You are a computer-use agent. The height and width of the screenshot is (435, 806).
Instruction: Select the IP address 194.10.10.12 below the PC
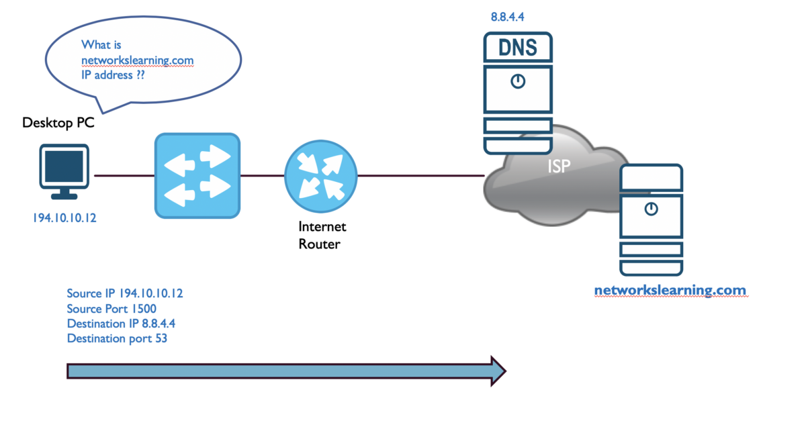(x=64, y=218)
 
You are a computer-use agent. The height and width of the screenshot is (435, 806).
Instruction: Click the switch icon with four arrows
(x=197, y=176)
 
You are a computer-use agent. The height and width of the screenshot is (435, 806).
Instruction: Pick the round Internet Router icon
(x=320, y=176)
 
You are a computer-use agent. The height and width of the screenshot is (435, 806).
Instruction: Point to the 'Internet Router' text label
(x=322, y=236)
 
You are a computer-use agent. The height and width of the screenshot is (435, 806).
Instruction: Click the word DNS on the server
(x=517, y=48)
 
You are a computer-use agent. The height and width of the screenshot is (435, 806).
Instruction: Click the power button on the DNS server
(x=517, y=82)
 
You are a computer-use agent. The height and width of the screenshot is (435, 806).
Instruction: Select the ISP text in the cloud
(x=558, y=166)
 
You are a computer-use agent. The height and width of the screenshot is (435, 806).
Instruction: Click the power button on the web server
(x=650, y=209)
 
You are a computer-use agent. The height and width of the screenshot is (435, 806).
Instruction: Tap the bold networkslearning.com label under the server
(x=670, y=291)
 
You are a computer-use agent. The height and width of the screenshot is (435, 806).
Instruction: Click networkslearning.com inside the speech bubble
(x=137, y=60)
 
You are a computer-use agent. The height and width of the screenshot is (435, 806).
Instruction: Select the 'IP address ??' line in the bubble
(x=114, y=76)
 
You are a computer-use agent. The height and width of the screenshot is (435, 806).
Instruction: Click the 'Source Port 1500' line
(x=111, y=309)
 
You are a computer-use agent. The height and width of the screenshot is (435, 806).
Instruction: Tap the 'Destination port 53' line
(x=117, y=338)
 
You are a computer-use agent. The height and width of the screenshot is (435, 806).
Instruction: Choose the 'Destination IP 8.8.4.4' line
(x=121, y=324)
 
